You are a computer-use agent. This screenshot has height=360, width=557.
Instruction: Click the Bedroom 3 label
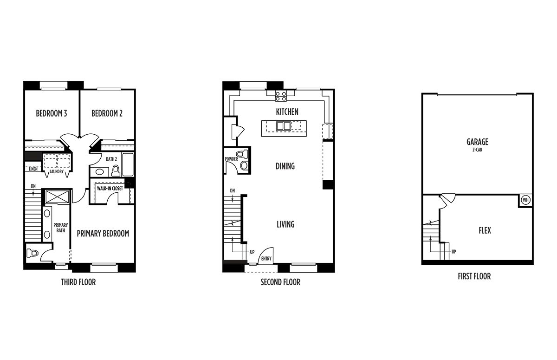click(52, 113)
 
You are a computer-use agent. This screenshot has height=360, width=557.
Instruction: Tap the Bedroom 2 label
click(107, 113)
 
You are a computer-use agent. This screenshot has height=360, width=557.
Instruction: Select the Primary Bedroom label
click(103, 233)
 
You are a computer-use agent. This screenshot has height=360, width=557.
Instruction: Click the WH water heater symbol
click(525, 200)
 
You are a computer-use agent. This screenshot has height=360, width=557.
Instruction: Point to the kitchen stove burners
click(281, 96)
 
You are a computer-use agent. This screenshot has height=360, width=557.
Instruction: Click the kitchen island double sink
click(283, 126)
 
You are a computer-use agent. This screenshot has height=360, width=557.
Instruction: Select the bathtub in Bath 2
click(128, 164)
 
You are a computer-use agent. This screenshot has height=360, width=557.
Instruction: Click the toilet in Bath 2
click(116, 170)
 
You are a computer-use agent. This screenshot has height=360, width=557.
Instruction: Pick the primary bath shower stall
click(58, 197)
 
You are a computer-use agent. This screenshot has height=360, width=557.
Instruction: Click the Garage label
click(478, 142)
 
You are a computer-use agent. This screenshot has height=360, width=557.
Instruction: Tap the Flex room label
click(485, 230)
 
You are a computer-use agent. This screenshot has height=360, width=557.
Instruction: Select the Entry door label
click(266, 259)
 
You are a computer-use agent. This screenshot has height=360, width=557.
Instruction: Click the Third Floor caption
click(78, 282)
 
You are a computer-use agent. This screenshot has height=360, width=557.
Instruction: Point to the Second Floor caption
click(280, 282)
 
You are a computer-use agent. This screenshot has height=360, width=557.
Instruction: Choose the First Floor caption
click(474, 276)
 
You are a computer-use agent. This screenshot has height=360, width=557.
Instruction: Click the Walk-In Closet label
click(110, 188)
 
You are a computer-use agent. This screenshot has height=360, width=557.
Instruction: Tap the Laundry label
click(57, 172)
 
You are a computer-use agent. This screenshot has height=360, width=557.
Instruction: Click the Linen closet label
click(33, 169)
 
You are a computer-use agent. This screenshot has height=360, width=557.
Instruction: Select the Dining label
click(285, 166)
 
